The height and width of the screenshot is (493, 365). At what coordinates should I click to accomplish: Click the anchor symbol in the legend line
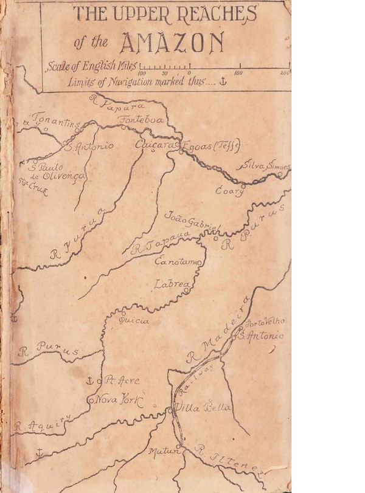[222, 82]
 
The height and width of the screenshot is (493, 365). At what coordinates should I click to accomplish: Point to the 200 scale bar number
[285, 73]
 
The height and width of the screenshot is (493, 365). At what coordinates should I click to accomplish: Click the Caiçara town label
[155, 146]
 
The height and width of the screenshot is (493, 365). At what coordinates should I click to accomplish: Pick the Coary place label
[230, 191]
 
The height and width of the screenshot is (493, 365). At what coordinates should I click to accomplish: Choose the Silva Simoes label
[266, 166]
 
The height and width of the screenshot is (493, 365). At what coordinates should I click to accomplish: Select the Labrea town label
[173, 284]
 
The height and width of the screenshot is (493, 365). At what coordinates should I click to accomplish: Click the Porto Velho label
[266, 322]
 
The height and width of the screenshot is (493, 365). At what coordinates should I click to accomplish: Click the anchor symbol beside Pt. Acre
[89, 381]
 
